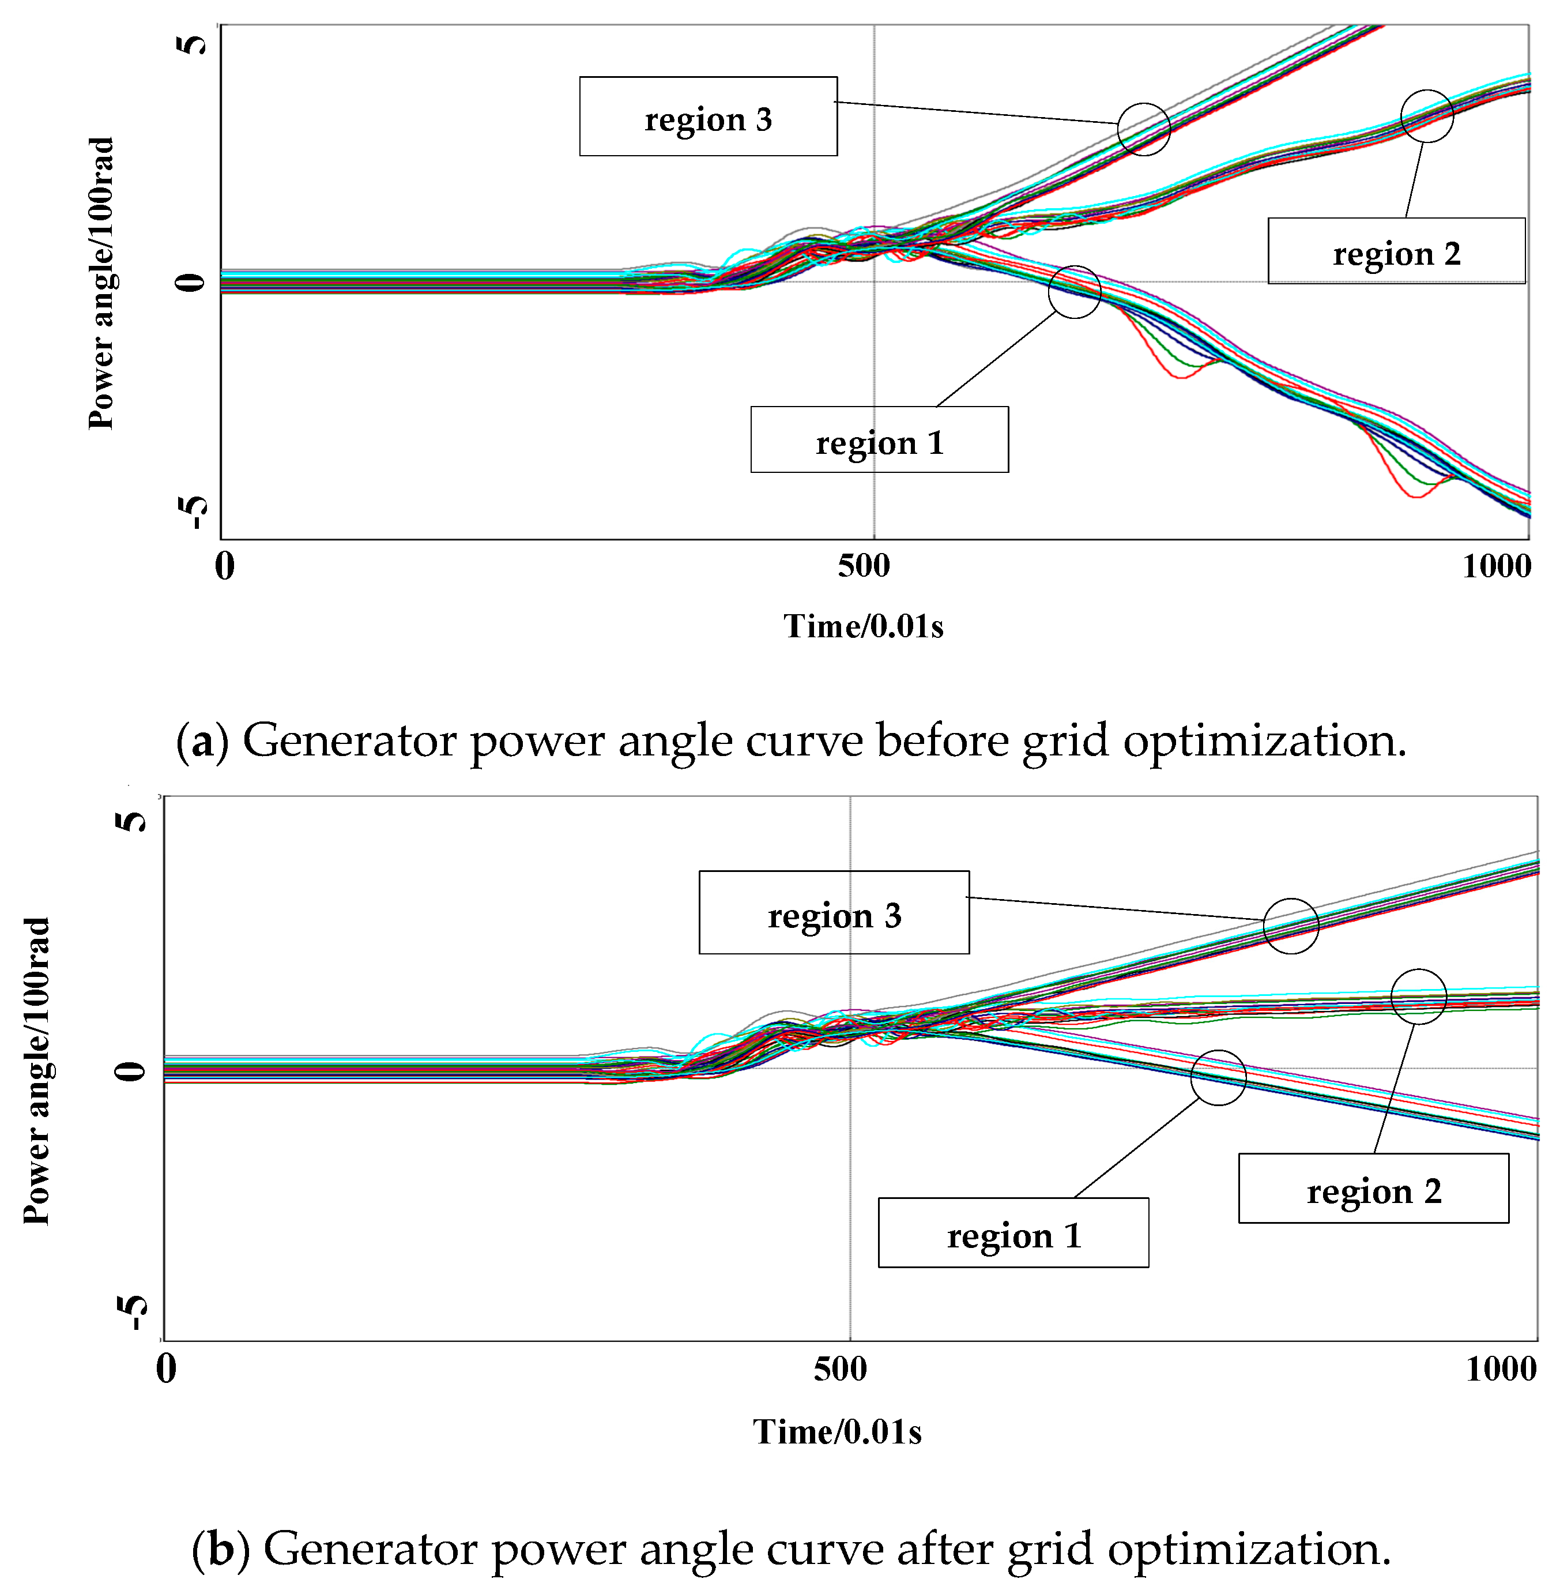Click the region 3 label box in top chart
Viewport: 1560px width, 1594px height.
click(708, 116)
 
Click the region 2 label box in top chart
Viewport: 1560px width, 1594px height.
click(1396, 251)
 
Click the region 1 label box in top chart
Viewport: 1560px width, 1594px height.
click(879, 439)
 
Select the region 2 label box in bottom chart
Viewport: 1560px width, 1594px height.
click(1373, 1189)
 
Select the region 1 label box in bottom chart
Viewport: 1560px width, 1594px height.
click(1013, 1232)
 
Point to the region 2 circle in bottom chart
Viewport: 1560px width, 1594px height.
click(1418, 997)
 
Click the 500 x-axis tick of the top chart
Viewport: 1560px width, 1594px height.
click(864, 566)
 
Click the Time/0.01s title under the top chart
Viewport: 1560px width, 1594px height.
click(864, 626)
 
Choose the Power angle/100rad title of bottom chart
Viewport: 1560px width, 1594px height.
click(37, 1071)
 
